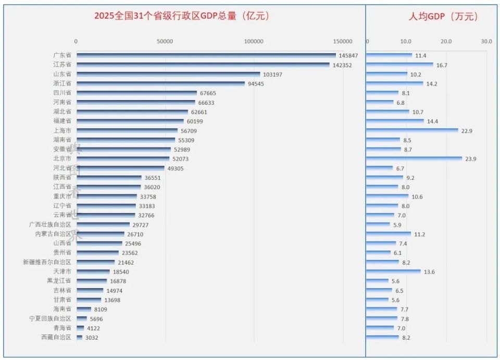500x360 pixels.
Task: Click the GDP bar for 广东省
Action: tap(206, 55)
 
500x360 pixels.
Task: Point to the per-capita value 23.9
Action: tap(471, 159)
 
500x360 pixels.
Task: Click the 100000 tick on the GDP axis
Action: tap(254, 41)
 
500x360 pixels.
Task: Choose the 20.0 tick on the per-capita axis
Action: tap(446, 41)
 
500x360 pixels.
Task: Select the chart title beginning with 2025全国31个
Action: tap(182, 16)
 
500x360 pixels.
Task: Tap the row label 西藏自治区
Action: tap(56, 337)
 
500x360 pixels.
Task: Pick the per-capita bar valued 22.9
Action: tap(413, 130)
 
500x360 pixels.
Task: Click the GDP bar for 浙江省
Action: tap(160, 83)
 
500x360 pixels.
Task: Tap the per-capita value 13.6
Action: tap(430, 271)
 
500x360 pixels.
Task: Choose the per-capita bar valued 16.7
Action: tap(399, 65)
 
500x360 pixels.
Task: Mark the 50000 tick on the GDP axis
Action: tap(165, 41)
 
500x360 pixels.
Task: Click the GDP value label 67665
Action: tap(208, 93)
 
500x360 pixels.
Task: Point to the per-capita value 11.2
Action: tap(420, 234)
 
